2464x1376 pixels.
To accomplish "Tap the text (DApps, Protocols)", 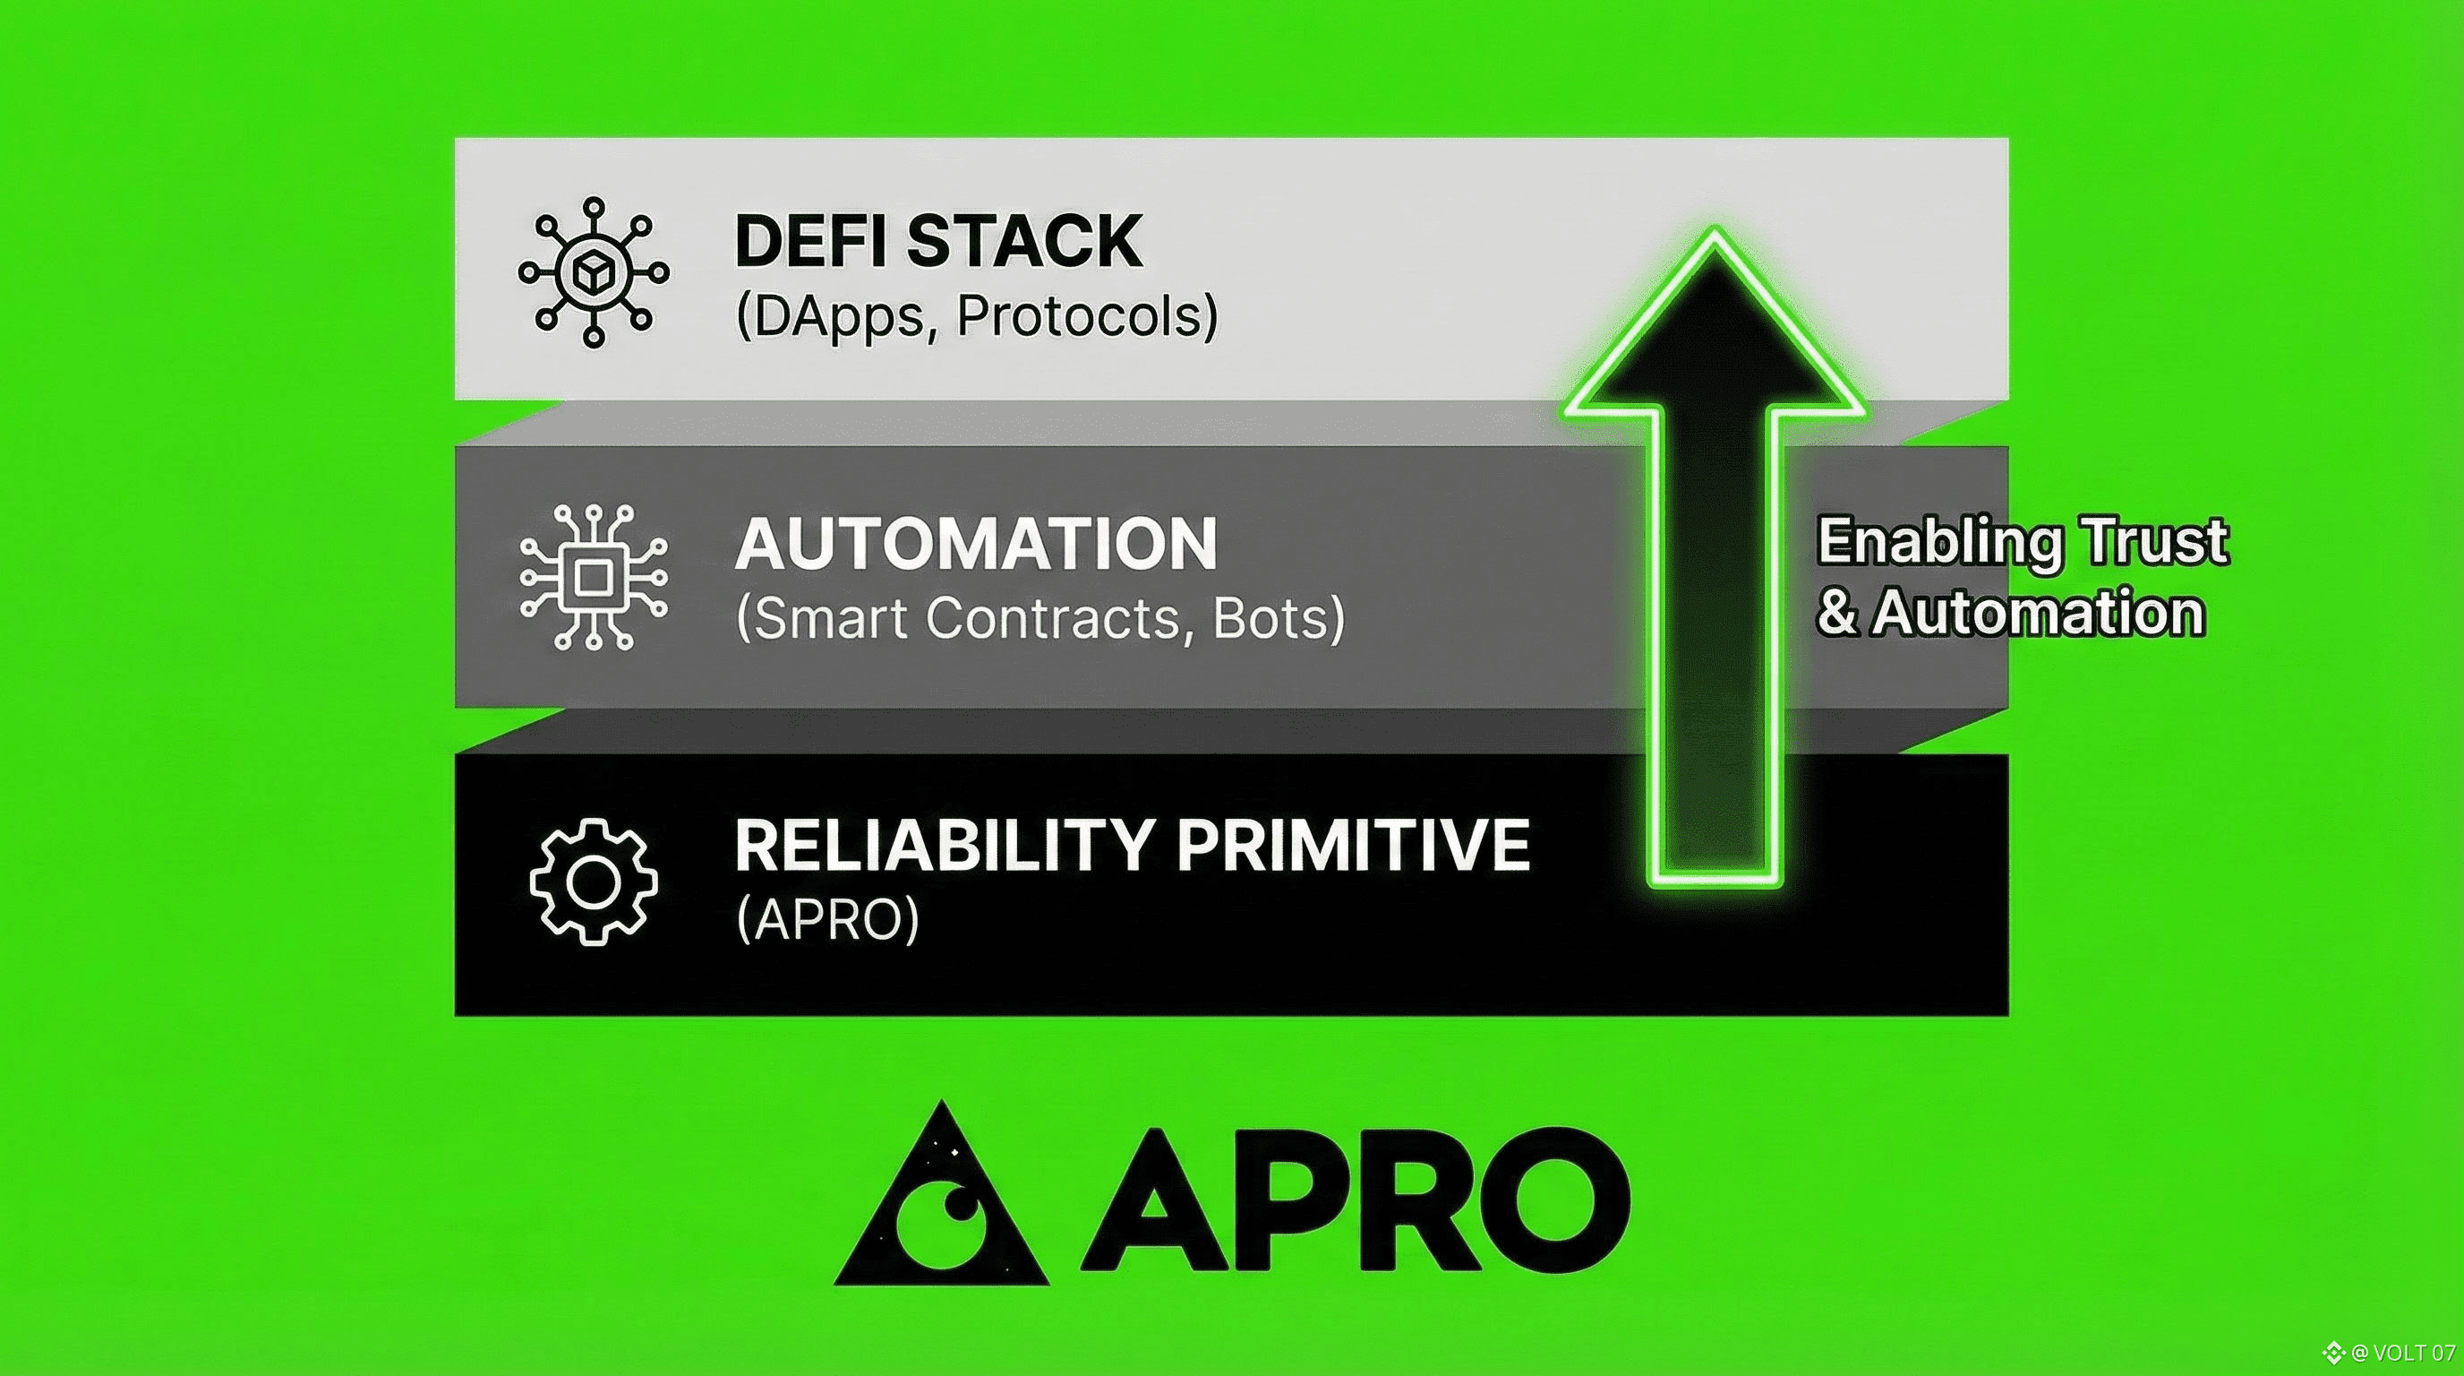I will (x=977, y=317).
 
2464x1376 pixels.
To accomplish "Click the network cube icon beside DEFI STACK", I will (x=593, y=272).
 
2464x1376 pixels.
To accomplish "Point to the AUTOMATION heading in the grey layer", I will (x=976, y=544).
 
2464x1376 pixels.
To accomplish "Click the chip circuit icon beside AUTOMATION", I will (x=593, y=577).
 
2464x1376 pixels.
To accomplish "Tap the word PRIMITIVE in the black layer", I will (x=1353, y=845).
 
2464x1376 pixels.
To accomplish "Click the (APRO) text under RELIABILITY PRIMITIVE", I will (x=827, y=919).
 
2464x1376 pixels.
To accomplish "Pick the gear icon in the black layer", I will (x=593, y=881).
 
